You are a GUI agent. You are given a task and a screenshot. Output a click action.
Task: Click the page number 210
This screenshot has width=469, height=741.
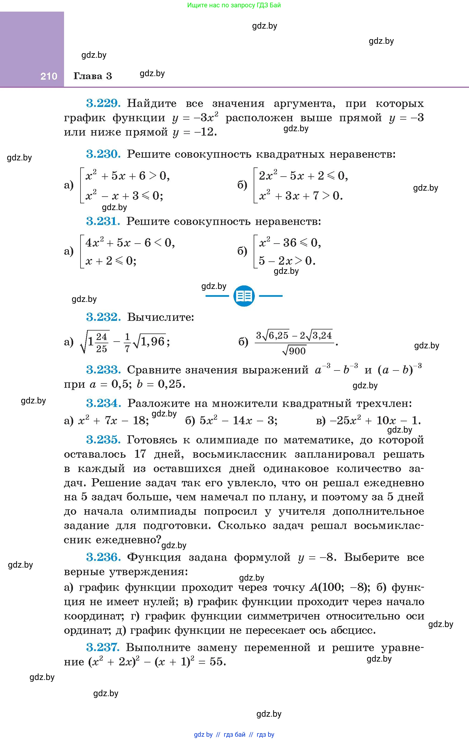49,76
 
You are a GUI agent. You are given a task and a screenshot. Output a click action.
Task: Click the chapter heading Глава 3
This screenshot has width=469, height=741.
93,76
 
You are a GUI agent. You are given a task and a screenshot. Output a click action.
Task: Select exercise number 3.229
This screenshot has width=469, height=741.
103,103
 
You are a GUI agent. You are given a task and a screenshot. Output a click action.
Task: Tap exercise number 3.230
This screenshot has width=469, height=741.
103,154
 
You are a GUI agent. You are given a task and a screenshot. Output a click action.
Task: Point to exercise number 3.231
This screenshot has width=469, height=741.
103,221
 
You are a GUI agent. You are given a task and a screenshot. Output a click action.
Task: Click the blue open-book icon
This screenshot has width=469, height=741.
244,296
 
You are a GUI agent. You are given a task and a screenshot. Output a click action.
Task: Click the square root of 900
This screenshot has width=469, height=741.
294,351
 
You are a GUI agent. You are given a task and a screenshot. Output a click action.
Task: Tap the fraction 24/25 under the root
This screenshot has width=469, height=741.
101,343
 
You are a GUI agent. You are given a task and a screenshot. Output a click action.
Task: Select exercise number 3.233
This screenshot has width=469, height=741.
103,370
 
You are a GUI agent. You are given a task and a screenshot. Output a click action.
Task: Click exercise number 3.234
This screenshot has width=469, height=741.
103,403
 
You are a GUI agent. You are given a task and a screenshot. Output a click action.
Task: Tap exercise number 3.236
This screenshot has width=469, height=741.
103,557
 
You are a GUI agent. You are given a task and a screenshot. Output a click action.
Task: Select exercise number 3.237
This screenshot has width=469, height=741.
103,648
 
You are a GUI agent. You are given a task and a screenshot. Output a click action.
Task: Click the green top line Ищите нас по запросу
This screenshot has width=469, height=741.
234,5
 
